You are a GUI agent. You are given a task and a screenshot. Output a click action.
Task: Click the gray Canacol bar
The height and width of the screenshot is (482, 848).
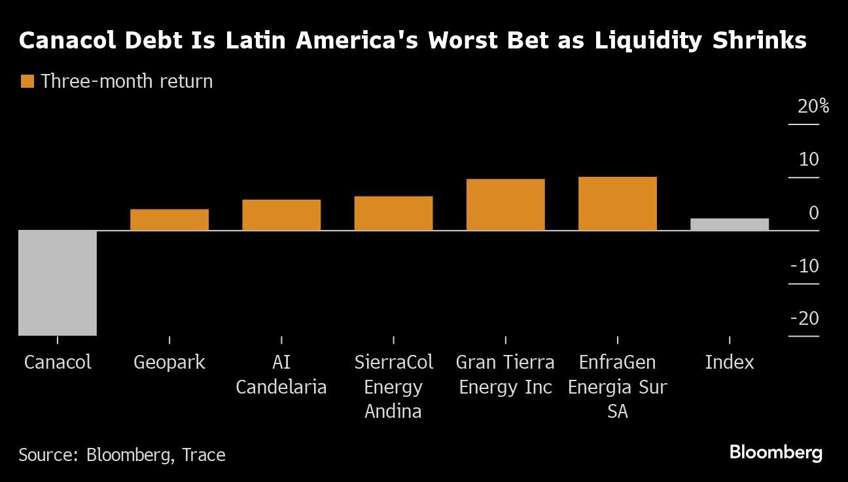point(58,282)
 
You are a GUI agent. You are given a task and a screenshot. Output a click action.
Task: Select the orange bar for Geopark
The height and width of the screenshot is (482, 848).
point(169,219)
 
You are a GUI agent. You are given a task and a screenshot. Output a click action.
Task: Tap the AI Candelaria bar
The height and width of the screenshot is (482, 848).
point(281,215)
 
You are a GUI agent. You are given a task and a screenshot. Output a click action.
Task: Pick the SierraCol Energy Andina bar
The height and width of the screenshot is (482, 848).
point(393,213)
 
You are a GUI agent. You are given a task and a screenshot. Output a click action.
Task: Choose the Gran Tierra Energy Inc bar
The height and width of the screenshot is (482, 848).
point(505,204)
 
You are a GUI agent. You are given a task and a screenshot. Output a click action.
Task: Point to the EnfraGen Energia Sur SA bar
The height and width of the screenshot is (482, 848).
point(617,203)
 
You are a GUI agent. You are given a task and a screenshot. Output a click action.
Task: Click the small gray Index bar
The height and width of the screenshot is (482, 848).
point(730,224)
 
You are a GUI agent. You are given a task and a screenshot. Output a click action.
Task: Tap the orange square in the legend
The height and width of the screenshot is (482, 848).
point(27,81)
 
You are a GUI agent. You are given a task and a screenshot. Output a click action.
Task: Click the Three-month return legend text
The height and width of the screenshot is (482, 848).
point(126,81)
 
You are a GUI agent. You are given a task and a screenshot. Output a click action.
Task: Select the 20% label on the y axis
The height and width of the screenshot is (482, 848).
point(813,106)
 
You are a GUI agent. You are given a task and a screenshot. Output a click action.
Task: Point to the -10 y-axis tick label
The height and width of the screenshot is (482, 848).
point(804,266)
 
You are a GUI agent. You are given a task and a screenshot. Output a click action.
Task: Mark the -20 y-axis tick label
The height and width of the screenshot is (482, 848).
point(804,318)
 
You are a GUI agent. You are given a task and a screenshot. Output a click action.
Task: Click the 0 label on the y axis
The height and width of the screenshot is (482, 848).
point(813,213)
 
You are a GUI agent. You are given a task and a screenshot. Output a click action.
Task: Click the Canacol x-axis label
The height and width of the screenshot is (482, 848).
point(58,362)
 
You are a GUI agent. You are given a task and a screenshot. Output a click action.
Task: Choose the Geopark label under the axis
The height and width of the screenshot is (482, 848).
point(169,362)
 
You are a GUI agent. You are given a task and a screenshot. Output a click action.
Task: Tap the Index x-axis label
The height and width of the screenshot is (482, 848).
point(730,362)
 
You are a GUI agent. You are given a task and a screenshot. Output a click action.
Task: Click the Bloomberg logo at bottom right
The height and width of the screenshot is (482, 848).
point(775,452)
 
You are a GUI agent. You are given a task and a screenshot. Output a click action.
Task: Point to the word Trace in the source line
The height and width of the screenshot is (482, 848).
point(203,454)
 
